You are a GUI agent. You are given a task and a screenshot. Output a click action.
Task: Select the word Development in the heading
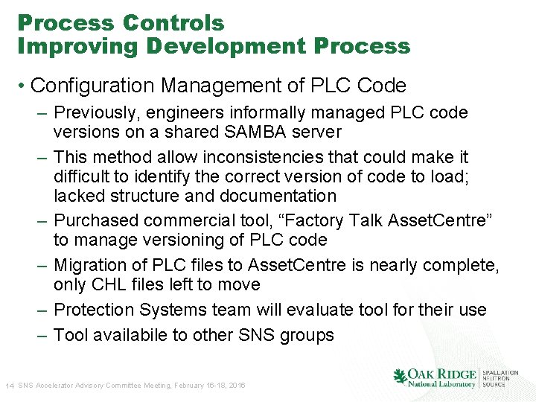[226, 46]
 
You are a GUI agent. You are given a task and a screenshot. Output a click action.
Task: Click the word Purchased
[97, 220]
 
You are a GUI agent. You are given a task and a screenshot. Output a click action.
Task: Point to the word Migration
[95, 265]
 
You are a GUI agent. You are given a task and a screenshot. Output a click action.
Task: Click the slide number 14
[10, 386]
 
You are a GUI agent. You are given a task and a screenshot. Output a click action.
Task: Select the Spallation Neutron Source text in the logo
[501, 377]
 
